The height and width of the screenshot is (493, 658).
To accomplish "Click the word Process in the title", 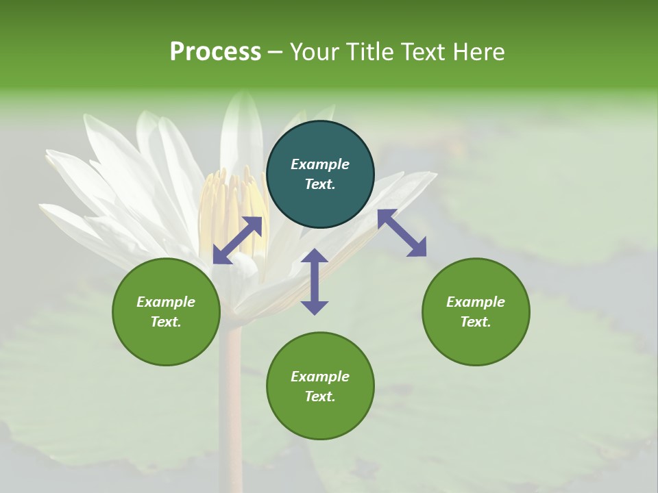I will (x=215, y=52).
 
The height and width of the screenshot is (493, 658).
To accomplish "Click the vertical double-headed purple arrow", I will (x=315, y=281).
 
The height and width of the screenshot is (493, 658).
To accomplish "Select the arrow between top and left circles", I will (x=237, y=240).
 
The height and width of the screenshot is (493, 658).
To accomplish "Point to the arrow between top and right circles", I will (x=402, y=233).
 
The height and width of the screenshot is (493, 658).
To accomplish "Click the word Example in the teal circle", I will (x=320, y=164).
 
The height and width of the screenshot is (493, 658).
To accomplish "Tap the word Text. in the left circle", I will (x=166, y=322).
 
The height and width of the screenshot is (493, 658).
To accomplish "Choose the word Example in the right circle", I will (x=476, y=302).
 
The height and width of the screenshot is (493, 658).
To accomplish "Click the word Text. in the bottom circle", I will (x=320, y=396).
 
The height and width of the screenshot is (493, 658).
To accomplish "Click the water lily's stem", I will (x=231, y=383).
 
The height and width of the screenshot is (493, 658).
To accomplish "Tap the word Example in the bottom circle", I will (x=320, y=377).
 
